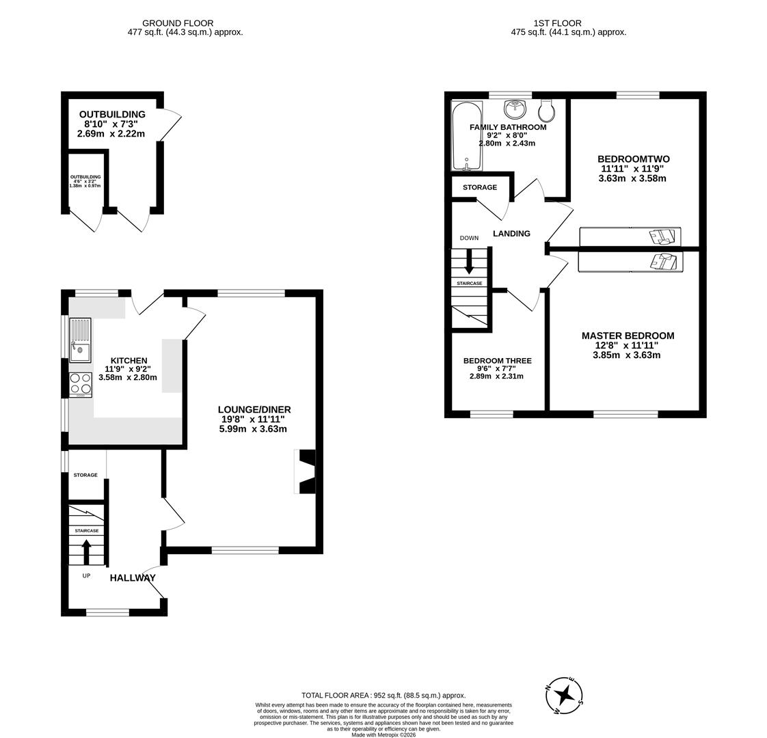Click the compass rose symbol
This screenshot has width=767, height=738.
click(565, 695)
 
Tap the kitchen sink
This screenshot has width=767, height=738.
click(80, 340)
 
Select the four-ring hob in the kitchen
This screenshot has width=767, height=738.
click(80, 384)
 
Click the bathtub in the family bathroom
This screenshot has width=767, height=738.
click(466, 136)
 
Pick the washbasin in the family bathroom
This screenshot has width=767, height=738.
click(514, 108)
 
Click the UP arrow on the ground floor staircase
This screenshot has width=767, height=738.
click(86, 551)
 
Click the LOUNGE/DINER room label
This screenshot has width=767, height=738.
click(255, 409)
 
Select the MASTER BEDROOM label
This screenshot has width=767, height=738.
click(628, 336)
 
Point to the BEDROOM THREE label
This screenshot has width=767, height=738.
click(497, 361)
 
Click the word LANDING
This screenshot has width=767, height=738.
click(511, 234)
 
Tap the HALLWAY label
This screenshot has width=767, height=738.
click(133, 577)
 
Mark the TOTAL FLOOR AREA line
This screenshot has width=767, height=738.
click(383, 695)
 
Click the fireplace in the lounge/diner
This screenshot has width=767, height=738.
click(306, 471)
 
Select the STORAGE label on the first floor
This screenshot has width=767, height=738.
click(480, 187)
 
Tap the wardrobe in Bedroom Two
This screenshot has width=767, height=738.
click(630, 236)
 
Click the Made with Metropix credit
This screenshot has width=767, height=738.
click(383, 735)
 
